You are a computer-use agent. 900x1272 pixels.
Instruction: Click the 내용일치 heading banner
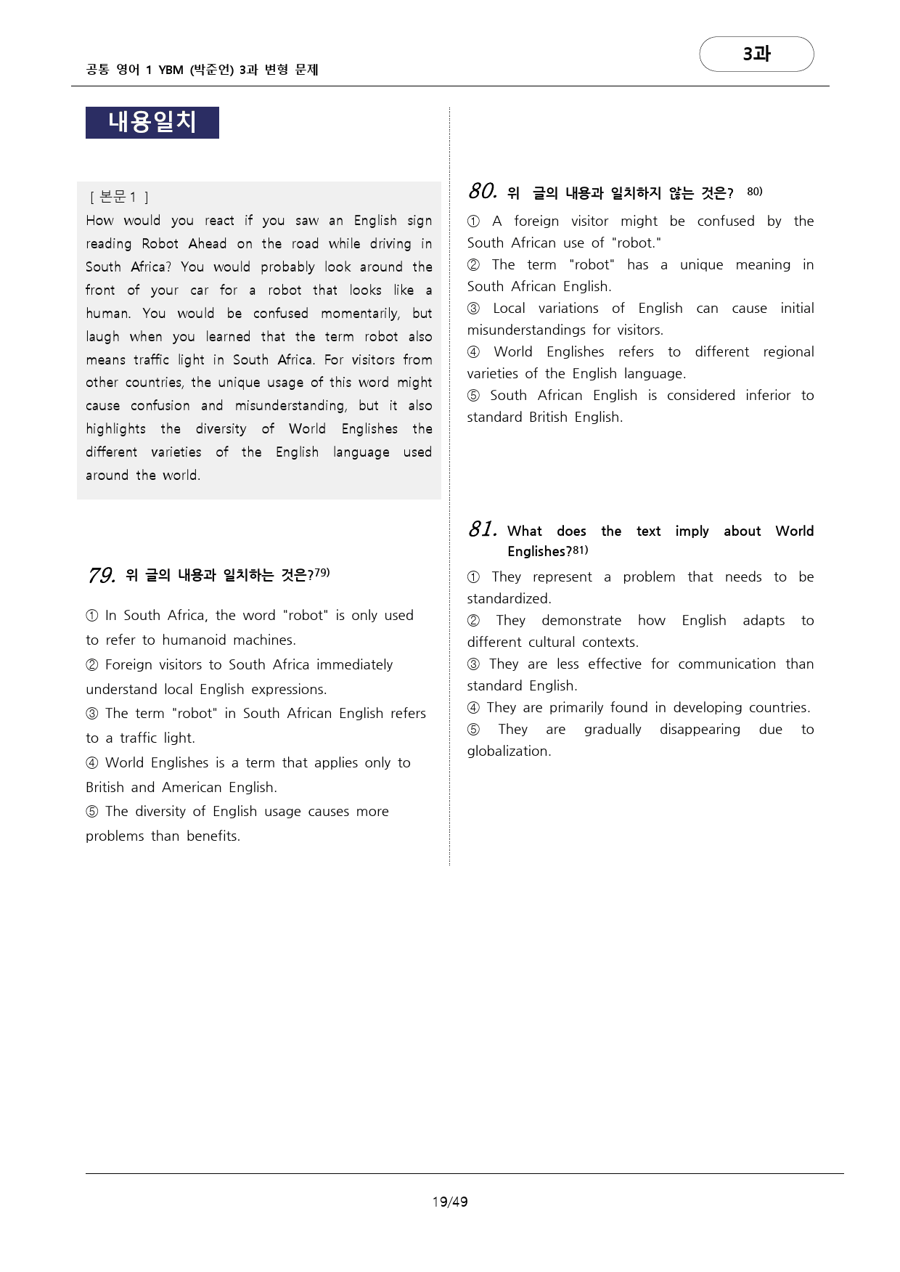click(x=152, y=122)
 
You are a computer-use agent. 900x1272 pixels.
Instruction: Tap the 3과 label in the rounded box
click(x=756, y=54)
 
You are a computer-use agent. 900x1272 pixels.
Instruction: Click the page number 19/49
click(x=450, y=1202)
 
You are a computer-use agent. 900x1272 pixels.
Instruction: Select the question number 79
click(x=102, y=576)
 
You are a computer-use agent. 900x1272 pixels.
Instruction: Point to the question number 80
click(x=483, y=192)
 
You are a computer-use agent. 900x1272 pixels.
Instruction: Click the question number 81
click(x=483, y=529)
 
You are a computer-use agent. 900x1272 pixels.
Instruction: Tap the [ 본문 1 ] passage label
click(x=119, y=197)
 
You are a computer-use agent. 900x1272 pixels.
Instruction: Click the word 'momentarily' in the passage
click(x=359, y=314)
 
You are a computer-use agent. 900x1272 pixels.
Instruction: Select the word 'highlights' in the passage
click(x=115, y=429)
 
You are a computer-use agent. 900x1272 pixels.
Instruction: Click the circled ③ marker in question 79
click(x=92, y=714)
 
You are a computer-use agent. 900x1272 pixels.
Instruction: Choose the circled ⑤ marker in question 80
click(x=473, y=396)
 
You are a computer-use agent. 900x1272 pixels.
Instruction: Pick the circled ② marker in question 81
click(x=473, y=621)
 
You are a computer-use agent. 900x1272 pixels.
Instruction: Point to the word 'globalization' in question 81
click(x=508, y=751)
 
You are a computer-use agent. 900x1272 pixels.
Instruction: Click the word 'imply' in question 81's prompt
click(x=692, y=531)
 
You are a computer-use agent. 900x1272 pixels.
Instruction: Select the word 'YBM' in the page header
click(x=171, y=70)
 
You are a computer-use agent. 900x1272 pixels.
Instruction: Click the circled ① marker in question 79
click(x=92, y=616)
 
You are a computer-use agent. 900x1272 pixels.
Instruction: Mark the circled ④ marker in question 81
click(x=473, y=708)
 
